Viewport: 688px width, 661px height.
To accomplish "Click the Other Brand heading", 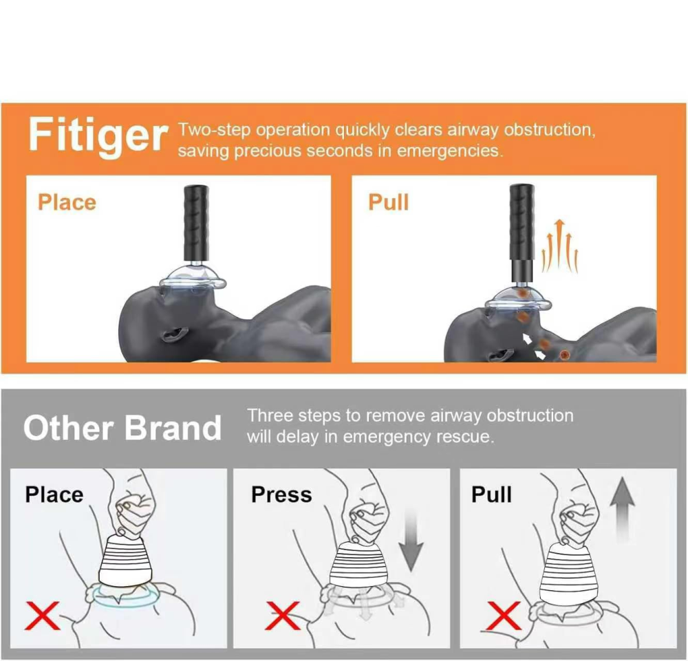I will [122, 428].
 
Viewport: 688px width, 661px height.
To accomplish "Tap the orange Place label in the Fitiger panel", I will [67, 202].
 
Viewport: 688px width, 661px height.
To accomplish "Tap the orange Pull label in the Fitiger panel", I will [388, 202].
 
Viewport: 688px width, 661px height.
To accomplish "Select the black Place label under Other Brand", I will [54, 495].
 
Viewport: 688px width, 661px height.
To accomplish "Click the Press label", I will [281, 495].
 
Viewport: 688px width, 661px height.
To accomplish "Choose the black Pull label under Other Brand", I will [491, 495].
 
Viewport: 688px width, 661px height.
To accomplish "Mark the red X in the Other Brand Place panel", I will [42, 614].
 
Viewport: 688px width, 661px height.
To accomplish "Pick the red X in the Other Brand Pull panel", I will [502, 614].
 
